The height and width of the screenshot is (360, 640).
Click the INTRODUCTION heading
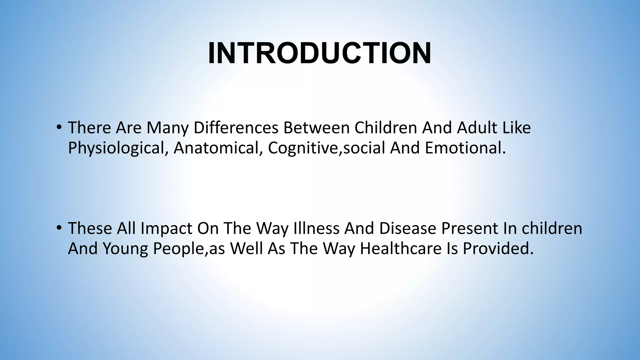(320, 53)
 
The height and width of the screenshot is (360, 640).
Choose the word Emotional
(465, 148)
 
